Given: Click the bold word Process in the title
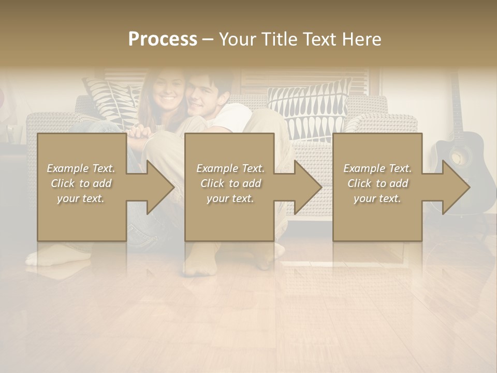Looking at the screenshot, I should click(163, 39).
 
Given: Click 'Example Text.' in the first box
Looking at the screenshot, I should click(81, 168).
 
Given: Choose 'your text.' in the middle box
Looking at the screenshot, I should click(230, 198).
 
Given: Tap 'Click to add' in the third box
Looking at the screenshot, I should click(377, 183).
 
